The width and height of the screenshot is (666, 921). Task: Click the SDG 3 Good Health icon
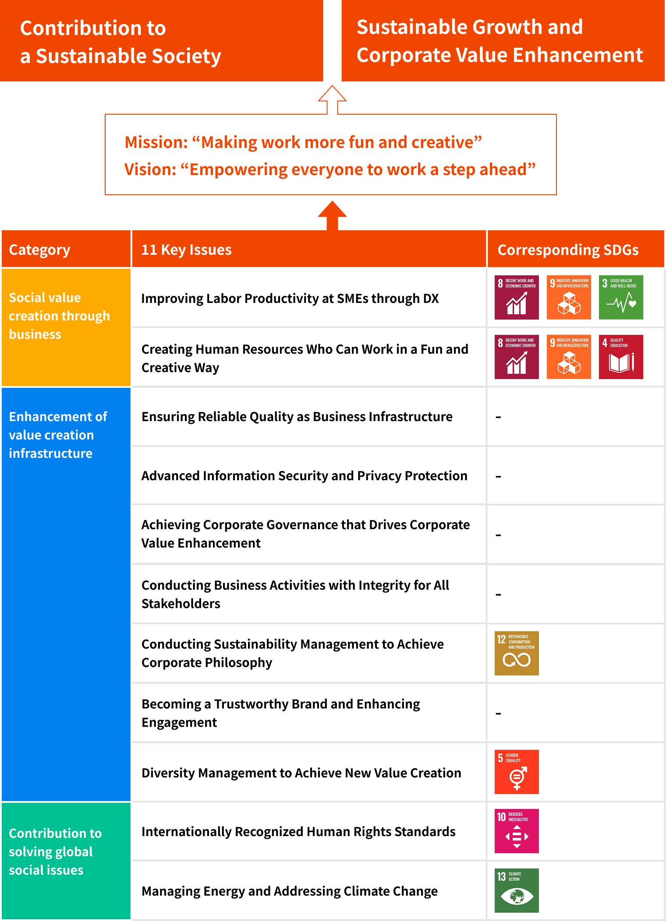tap(621, 297)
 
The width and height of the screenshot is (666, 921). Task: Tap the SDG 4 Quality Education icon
tap(621, 357)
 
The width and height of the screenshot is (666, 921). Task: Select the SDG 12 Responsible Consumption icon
tap(517, 653)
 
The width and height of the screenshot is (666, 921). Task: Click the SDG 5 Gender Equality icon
tap(517, 772)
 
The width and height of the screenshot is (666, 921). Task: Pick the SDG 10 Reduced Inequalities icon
tap(517, 831)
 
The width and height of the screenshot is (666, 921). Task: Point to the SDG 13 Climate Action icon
tap(517, 890)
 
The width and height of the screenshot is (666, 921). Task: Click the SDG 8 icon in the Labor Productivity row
tap(517, 297)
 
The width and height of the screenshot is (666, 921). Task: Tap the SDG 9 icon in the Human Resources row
tap(569, 357)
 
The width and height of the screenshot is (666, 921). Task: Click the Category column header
tap(39, 250)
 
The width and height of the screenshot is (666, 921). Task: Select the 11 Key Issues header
tap(186, 250)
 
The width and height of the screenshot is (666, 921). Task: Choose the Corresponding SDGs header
tap(568, 250)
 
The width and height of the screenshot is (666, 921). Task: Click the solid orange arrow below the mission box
tap(332, 214)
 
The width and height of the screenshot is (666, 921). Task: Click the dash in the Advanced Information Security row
tap(498, 476)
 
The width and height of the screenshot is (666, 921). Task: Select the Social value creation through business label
tap(59, 316)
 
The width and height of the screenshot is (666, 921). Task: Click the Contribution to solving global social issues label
tap(55, 851)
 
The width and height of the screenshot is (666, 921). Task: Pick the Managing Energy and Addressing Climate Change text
tap(290, 891)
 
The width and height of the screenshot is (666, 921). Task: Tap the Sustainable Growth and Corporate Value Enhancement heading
tap(499, 41)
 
